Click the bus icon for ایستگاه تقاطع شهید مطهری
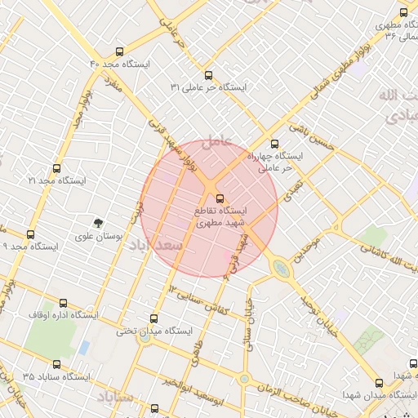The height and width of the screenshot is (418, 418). (219, 198)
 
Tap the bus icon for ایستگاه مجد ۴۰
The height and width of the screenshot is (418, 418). (121, 51)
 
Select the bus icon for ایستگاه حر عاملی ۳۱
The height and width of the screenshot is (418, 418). (209, 74)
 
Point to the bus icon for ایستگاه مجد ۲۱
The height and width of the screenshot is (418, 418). (56, 168)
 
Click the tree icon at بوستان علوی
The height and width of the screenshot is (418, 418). (98, 223)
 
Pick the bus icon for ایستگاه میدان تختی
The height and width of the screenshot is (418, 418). (154, 319)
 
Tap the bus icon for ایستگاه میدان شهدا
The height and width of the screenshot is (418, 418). (377, 383)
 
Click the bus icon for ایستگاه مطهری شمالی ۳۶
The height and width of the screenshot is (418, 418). (403, 12)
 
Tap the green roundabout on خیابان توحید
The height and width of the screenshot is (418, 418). (280, 267)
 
